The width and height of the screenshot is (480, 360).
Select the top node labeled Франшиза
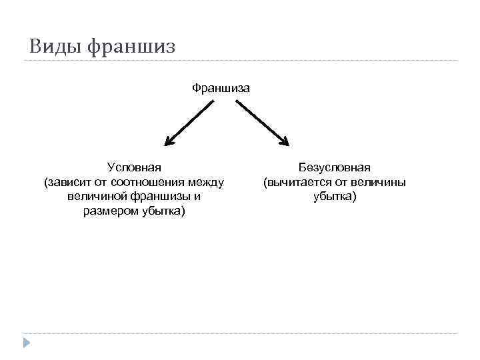tap(221, 87)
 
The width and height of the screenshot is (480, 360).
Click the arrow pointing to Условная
tap(189, 123)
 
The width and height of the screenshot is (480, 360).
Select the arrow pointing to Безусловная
tap(262, 123)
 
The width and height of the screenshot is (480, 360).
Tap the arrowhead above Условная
tap(169, 141)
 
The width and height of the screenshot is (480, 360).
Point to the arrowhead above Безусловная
tap(285, 140)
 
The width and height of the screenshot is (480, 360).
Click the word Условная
tap(134, 167)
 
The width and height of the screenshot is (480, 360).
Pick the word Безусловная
tap(335, 167)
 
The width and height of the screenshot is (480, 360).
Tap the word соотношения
tap(151, 182)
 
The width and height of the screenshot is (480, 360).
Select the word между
tap(207, 182)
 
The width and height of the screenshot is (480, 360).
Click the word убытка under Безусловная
tap(334, 197)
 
